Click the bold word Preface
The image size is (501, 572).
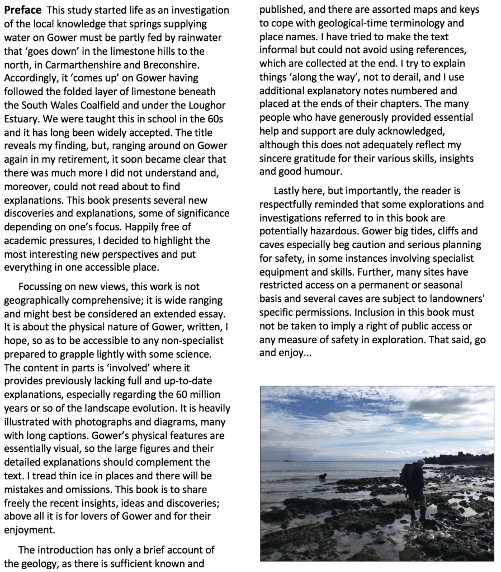[x=23, y=11]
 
